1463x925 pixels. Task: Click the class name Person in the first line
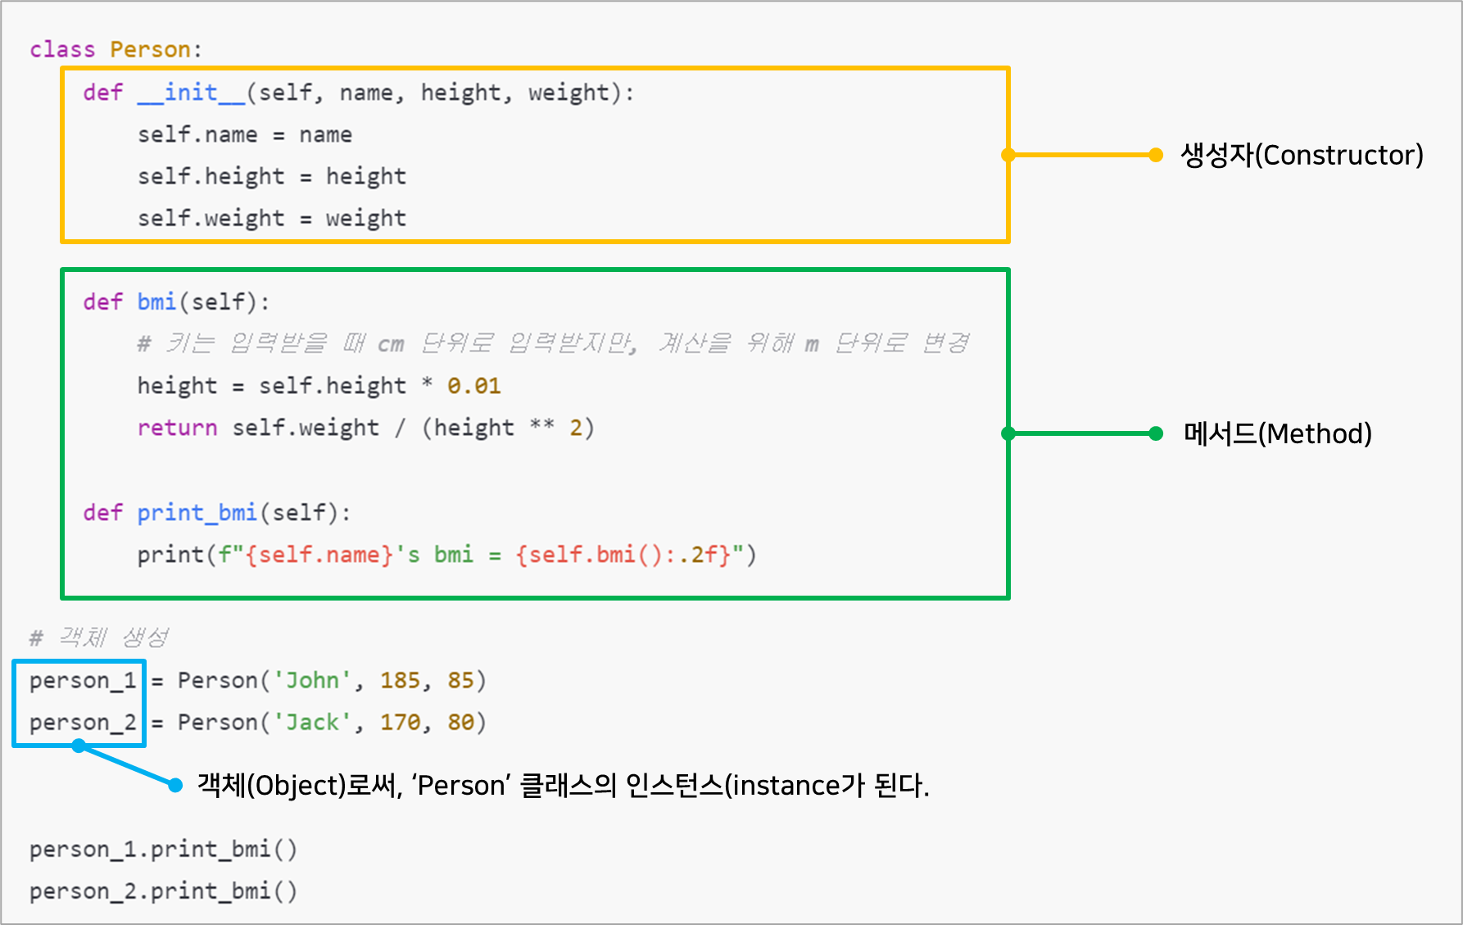pyautogui.click(x=150, y=49)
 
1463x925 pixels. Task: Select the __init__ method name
pyautogui.click(x=191, y=93)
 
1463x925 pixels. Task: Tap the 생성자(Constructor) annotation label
pyautogui.click(x=1301, y=155)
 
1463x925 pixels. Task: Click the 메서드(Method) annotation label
pyautogui.click(x=1277, y=433)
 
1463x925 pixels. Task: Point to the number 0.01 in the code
pyautogui.click(x=473, y=386)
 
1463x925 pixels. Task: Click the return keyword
pyautogui.click(x=177, y=428)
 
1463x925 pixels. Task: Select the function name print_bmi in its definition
pyautogui.click(x=197, y=513)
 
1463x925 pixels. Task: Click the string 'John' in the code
pyautogui.click(x=312, y=680)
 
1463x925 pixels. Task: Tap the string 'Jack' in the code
pyautogui.click(x=312, y=722)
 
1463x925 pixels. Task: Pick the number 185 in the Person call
pyautogui.click(x=400, y=680)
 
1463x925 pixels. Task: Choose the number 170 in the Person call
pyautogui.click(x=400, y=722)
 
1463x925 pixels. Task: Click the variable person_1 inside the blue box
pyautogui.click(x=82, y=681)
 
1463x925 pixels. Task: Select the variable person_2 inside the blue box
pyautogui.click(x=82, y=723)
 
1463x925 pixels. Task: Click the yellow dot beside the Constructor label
pyautogui.click(x=1156, y=155)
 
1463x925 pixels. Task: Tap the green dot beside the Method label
pyautogui.click(x=1156, y=433)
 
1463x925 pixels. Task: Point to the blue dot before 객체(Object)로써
pyautogui.click(x=175, y=785)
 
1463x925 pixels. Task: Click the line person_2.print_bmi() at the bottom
pyautogui.click(x=163, y=891)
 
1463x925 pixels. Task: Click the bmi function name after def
pyautogui.click(x=156, y=302)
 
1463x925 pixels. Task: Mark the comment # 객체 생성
pyautogui.click(x=99, y=637)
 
